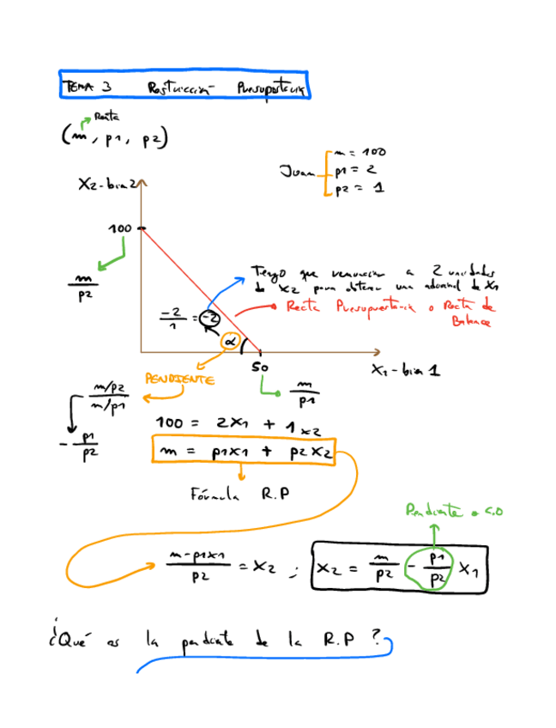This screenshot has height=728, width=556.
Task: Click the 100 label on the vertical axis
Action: pos(120,228)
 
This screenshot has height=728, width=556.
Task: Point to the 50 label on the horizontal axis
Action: pos(260,367)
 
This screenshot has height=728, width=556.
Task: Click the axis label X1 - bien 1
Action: pos(407,372)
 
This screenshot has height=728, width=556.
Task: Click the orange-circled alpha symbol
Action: pos(229,342)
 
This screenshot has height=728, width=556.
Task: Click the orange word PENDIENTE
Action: pos(179,379)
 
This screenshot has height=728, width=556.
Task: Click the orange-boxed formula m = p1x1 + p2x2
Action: pos(242,451)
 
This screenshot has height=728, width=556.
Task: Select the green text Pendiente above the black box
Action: pos(453,512)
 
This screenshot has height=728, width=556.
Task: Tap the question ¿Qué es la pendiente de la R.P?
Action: pos(215,640)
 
